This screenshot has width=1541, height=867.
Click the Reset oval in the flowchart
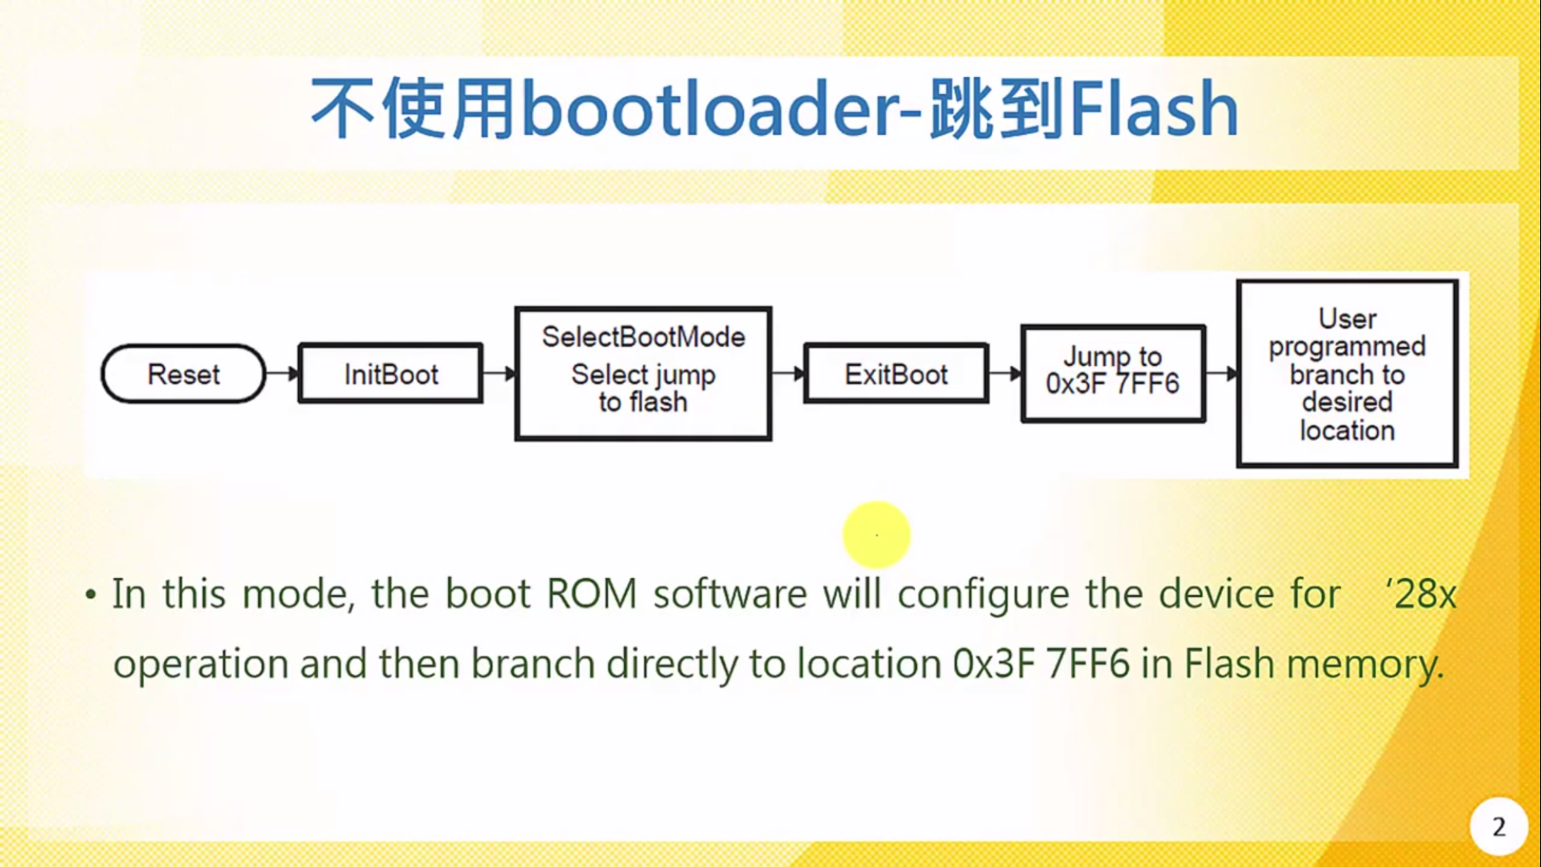[183, 374]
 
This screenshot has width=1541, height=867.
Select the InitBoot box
[390, 374]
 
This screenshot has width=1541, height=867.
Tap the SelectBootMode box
[643, 374]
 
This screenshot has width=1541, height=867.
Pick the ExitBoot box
[896, 374]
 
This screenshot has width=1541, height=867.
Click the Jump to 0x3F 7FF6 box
[1113, 374]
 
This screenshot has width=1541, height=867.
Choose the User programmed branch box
[1347, 374]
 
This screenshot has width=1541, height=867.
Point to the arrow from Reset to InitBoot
[283, 374]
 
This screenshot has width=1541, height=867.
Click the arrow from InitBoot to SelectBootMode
[499, 374]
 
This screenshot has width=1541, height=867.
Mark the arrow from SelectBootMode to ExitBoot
[788, 374]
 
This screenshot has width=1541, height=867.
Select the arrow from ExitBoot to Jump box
[1005, 374]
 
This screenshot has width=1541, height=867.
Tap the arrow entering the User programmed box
[1221, 374]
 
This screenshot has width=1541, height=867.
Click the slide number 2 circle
[1498, 827]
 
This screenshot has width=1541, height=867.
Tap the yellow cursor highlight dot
[876, 535]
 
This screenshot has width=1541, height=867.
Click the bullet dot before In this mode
[91, 594]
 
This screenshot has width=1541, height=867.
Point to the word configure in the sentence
[983, 594]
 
